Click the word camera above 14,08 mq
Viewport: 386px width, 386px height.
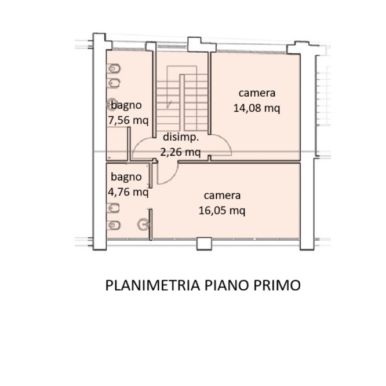coord(256,93)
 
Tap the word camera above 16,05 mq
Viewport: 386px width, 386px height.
coord(221,196)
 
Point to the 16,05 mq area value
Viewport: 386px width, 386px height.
coord(221,210)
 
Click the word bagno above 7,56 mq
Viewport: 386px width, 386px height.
coord(126,106)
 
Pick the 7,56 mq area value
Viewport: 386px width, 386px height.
coord(128,120)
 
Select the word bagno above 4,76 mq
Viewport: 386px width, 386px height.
coord(126,177)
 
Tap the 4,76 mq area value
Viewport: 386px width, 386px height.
coord(128,192)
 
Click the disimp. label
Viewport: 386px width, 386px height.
coord(181,138)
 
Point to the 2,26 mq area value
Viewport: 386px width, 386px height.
coord(180,153)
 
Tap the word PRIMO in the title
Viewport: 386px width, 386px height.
coord(278,285)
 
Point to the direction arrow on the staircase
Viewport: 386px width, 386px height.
coord(169,104)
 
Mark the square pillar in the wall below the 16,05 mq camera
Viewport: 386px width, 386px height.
coord(203,244)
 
